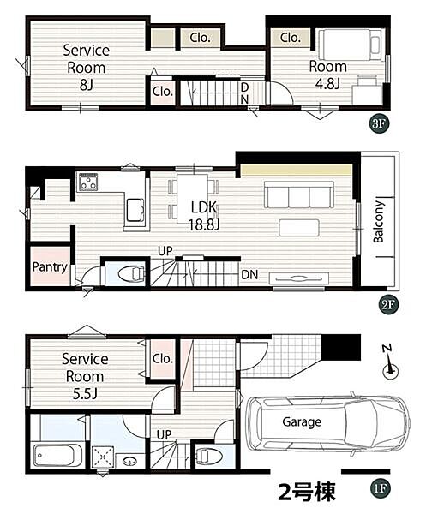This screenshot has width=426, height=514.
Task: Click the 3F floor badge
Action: tap(379, 124)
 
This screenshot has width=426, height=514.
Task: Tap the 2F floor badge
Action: tap(388, 305)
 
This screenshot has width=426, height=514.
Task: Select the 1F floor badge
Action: tap(380, 488)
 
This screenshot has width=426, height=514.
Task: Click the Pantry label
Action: tap(50, 266)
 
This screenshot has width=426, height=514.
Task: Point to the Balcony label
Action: tap(379, 222)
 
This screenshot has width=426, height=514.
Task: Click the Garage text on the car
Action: tap(302, 422)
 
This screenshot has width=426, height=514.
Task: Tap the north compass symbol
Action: tap(390, 363)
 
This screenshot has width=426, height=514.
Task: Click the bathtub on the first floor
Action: tap(57, 456)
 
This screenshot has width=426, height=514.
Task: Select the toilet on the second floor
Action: tap(131, 273)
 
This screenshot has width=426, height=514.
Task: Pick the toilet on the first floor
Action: tap(209, 456)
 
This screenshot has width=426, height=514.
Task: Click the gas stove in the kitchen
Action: tap(88, 182)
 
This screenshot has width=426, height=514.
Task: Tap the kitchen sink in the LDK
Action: tap(135, 210)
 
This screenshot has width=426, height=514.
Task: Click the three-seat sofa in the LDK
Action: tap(299, 194)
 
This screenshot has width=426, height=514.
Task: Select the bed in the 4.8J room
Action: tap(350, 45)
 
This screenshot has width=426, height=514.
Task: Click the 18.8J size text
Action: tap(204, 224)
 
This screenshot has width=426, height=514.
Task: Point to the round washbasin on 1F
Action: tap(129, 462)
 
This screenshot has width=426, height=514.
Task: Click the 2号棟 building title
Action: tap(307, 492)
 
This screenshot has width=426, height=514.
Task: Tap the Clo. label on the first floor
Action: tap(163, 358)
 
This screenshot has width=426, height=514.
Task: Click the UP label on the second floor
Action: tap(165, 251)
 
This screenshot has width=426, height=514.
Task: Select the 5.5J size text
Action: tap(85, 394)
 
